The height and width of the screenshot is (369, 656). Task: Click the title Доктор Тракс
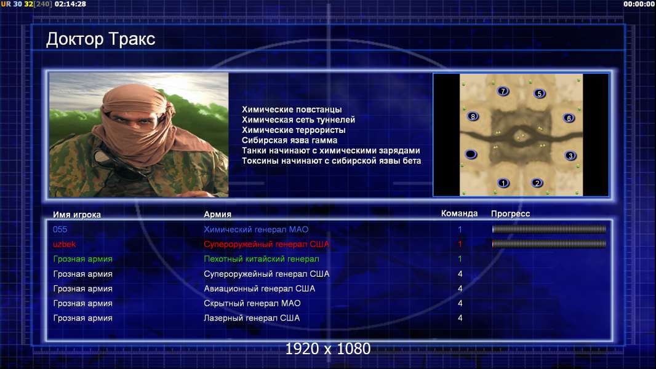coord(101,39)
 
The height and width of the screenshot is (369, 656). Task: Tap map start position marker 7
coord(503,91)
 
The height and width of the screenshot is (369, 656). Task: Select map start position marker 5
coord(539,93)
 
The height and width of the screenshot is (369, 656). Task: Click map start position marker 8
coord(473,117)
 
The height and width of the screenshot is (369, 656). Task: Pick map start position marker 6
coord(569,118)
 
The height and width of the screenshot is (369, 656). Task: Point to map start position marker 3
coord(570,156)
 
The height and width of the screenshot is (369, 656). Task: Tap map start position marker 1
coord(503,183)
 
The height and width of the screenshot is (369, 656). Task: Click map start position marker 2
coord(537,183)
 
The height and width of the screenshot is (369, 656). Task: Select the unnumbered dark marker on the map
coord(471,154)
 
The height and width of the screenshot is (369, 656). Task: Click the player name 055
coord(60,229)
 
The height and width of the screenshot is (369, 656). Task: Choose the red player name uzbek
coord(64,244)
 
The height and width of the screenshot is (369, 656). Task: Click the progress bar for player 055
coord(549,229)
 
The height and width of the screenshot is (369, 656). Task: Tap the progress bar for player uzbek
coord(549,244)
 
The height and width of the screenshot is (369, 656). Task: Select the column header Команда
coord(459,213)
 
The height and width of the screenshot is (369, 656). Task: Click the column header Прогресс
coord(510,214)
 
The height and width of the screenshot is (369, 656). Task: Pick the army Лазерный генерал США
coord(252,318)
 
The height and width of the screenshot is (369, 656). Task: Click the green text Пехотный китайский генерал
coord(262,259)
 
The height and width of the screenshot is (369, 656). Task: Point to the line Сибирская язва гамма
coord(289,140)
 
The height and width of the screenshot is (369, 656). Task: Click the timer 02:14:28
coord(70,4)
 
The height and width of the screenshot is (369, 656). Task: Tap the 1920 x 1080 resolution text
coord(328,349)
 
